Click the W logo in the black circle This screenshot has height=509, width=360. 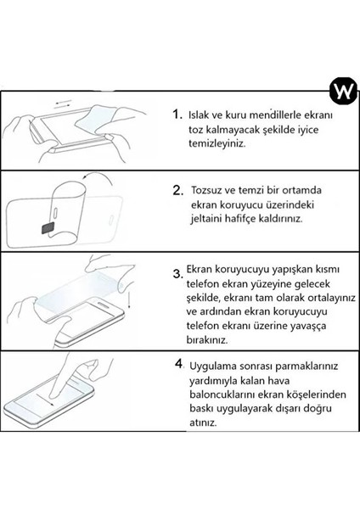338,91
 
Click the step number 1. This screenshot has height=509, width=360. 177,115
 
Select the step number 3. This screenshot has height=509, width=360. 177,273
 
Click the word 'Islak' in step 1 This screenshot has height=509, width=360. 203,115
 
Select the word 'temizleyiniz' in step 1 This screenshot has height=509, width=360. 217,145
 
